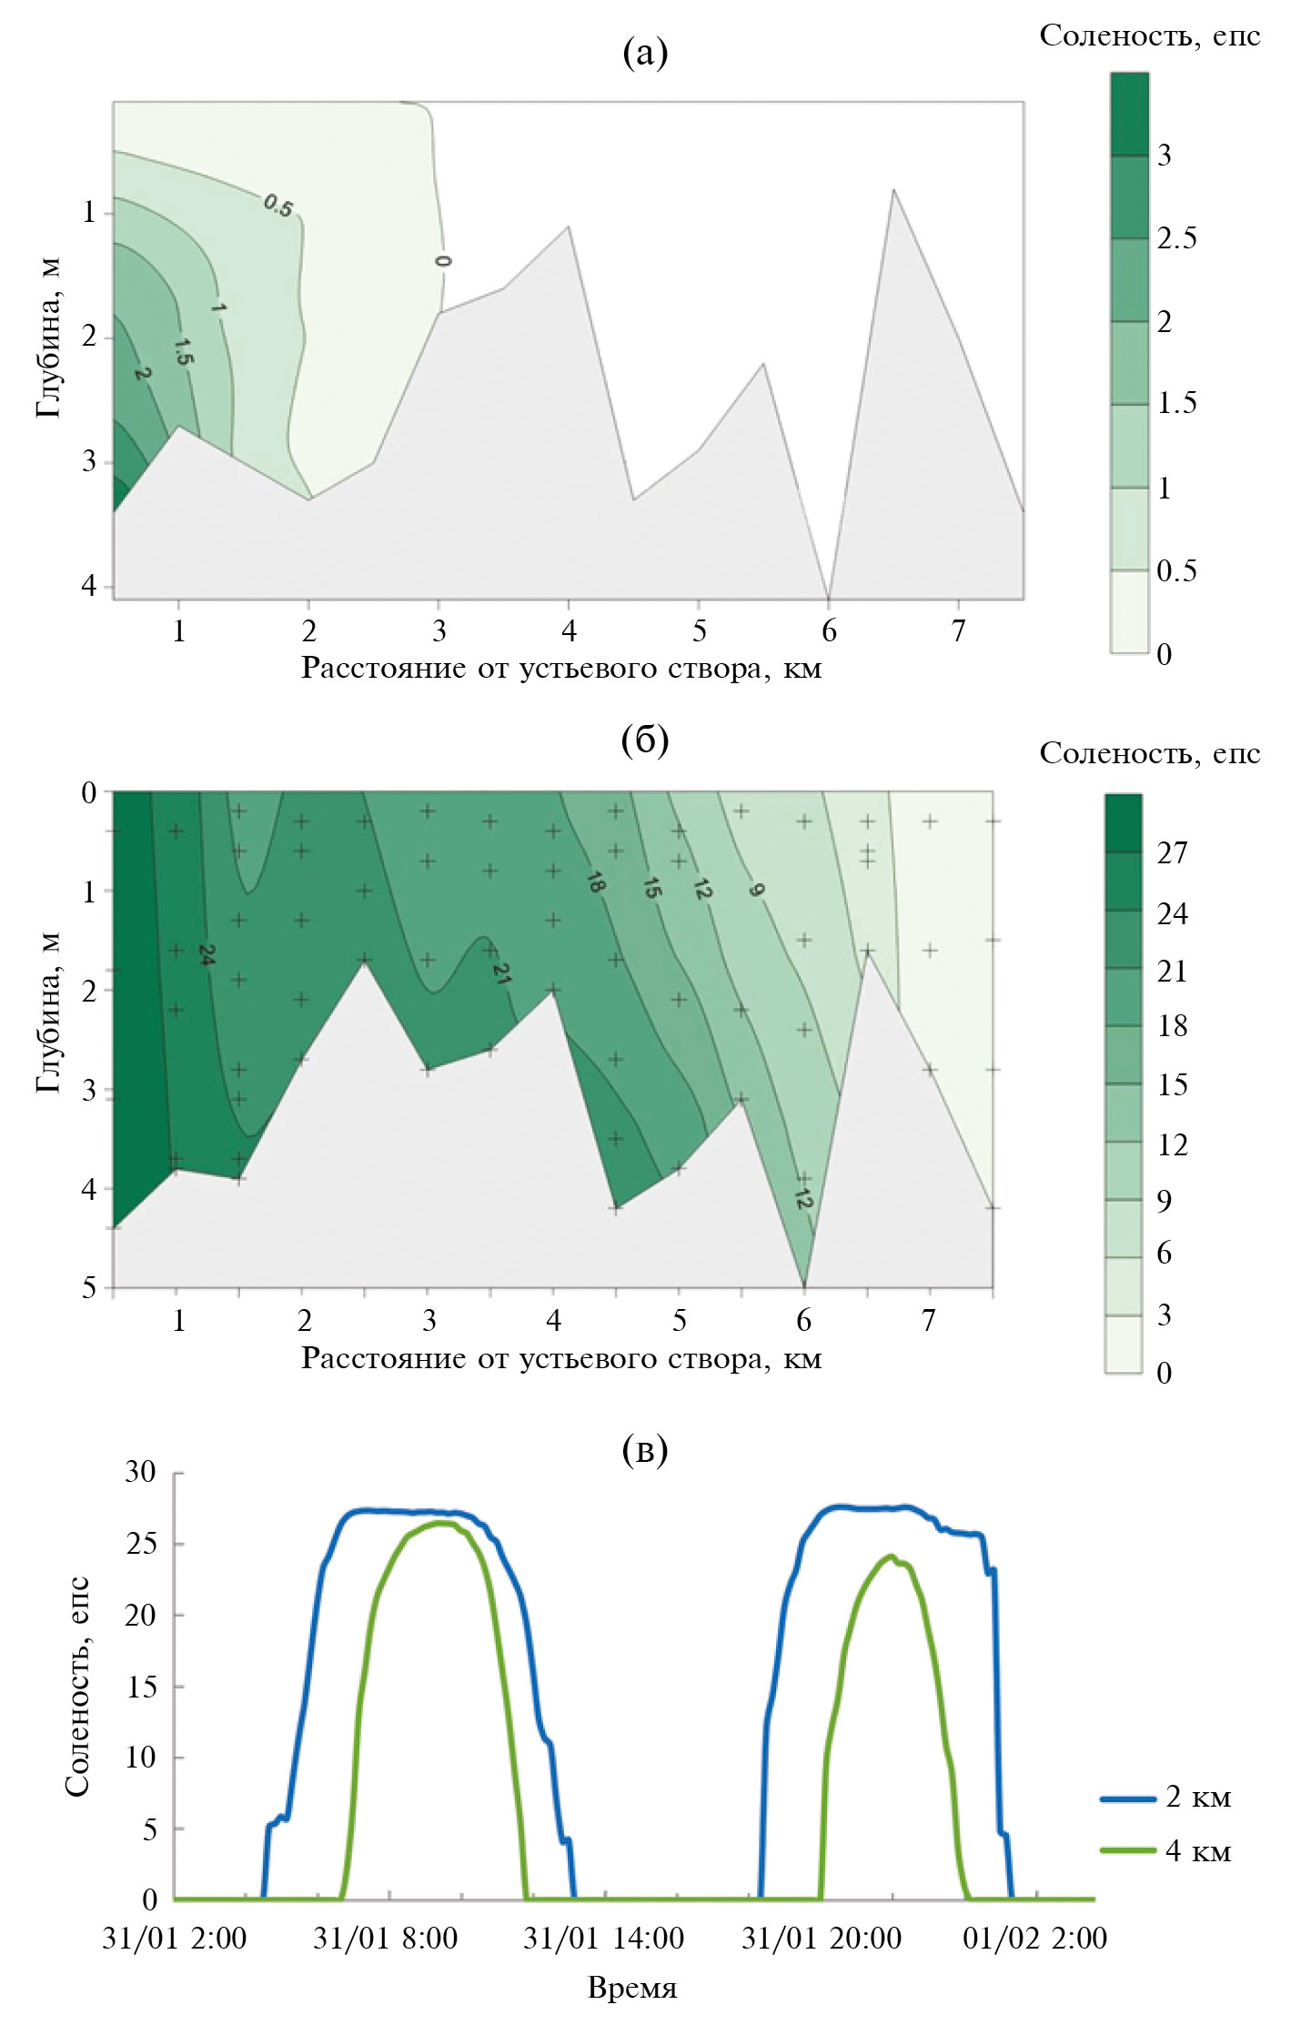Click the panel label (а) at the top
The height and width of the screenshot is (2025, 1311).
coord(645,53)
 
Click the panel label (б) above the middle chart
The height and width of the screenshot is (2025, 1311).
coord(645,740)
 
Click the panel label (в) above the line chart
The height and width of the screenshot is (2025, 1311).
coord(645,1449)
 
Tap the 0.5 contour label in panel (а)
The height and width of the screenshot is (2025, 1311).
coord(278,207)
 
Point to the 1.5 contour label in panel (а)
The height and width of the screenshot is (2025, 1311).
coord(183,350)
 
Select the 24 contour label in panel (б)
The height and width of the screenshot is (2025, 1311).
coord(207,954)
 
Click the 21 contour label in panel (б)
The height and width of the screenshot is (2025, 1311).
coord(501,972)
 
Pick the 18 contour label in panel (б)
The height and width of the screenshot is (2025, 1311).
coord(595,882)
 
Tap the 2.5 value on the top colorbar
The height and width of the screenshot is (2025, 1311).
coord(1176,238)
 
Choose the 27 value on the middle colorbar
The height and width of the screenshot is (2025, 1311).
coord(1172,852)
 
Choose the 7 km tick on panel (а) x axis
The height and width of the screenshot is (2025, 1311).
coord(958,630)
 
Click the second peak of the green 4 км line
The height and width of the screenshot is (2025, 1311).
coord(890,1556)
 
